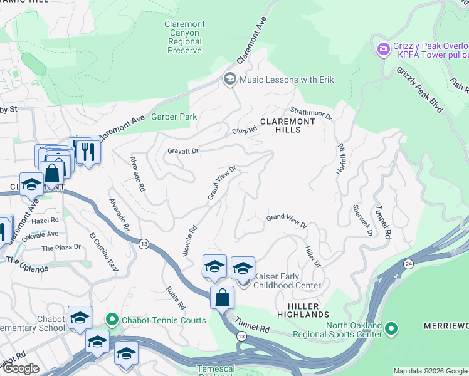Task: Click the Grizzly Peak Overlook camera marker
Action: (x=383, y=48)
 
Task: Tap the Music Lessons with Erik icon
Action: (x=229, y=80)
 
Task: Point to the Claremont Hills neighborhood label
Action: (x=280, y=125)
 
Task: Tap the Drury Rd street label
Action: (x=245, y=131)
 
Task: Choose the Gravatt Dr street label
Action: (x=182, y=151)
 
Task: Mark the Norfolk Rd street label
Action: (x=342, y=160)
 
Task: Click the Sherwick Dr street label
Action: (x=362, y=220)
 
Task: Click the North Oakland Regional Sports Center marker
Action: (x=391, y=328)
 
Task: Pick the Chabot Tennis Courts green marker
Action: (x=112, y=320)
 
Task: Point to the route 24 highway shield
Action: (x=408, y=263)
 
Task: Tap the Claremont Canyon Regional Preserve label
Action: (x=184, y=37)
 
